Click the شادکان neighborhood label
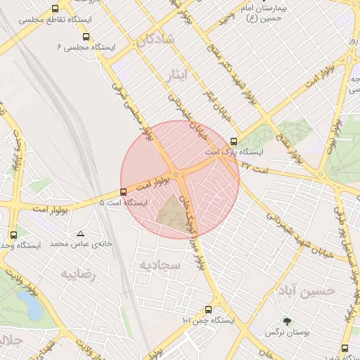click(156, 41)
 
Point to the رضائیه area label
click(77, 274)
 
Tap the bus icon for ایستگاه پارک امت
click(234, 141)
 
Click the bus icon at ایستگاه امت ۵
click(124, 191)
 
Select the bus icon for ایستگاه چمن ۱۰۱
click(208, 309)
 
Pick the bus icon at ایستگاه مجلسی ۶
click(86, 36)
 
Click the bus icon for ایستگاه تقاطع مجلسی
click(56, 9)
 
